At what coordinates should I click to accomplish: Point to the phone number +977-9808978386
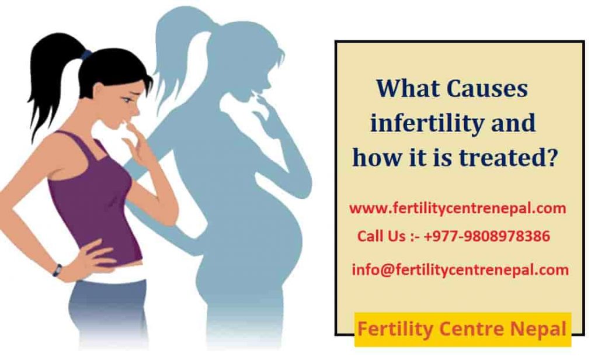(x=487, y=237)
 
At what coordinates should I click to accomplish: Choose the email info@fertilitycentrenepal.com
(x=460, y=269)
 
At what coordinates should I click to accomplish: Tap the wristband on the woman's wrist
(x=57, y=270)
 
